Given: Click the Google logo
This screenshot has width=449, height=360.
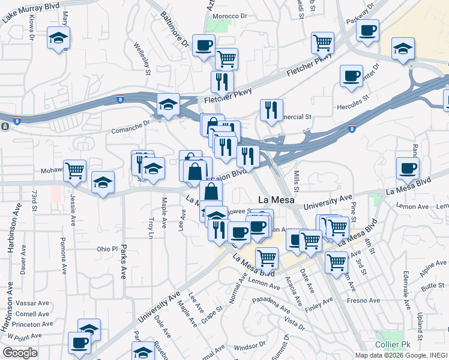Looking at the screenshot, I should [x=20, y=352].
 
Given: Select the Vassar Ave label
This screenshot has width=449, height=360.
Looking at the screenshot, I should [x=28, y=304].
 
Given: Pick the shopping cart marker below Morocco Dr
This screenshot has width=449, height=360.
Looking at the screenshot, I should [x=226, y=59].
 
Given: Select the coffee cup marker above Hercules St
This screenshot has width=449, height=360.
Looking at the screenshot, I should [x=351, y=76].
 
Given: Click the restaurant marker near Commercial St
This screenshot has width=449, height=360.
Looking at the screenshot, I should [x=271, y=109].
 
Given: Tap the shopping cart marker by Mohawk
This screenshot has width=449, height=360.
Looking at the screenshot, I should [x=75, y=170].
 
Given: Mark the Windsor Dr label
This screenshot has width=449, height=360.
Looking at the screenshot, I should [x=249, y=347].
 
